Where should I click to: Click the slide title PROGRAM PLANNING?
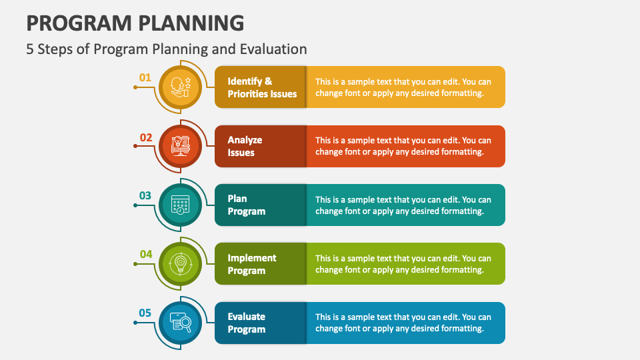[x=135, y=23]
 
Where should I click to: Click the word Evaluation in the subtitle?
[x=273, y=49]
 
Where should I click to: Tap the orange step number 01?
[x=145, y=77]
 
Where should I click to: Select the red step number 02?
[x=146, y=137]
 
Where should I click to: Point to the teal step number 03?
[x=145, y=195]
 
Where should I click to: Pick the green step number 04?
[x=146, y=254]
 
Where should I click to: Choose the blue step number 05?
[x=145, y=313]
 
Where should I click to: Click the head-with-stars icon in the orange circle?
[x=181, y=87]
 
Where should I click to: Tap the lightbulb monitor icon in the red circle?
[x=181, y=146]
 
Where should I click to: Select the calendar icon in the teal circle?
[x=181, y=205]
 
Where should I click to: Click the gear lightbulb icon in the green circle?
[x=181, y=264]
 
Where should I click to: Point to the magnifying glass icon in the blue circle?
[x=181, y=323]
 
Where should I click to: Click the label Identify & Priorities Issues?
[x=262, y=87]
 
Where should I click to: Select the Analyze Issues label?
[x=245, y=146]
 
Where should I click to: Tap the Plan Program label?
[x=246, y=205]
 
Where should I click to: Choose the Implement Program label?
[x=252, y=264]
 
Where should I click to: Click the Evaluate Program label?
[x=246, y=323]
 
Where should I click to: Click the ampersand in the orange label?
[x=268, y=81]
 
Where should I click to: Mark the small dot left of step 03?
[x=135, y=205]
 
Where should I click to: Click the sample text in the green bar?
[x=403, y=264]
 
